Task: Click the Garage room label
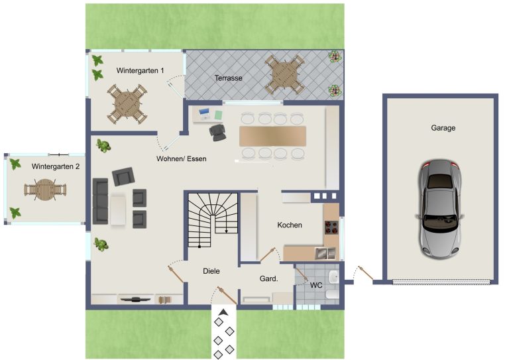coord(443,128)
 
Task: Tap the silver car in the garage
coord(440,209)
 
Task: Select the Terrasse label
coord(228,78)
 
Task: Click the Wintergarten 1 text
coord(141,70)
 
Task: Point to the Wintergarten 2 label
coord(56,166)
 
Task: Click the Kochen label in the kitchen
coord(290,225)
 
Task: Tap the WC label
coord(316,285)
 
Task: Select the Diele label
coord(211,271)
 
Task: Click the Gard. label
coord(269,278)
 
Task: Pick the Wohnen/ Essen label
coord(182,158)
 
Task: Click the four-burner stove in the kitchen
coord(332,227)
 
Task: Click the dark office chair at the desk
coord(217,131)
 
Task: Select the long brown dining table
coord(272,137)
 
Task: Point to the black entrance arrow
coord(223,312)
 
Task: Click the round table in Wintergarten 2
coord(45,190)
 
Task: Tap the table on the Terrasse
coord(284,75)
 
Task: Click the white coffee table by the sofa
coord(117,209)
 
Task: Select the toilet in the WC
coord(332,295)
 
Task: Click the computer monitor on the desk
coord(204,112)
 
